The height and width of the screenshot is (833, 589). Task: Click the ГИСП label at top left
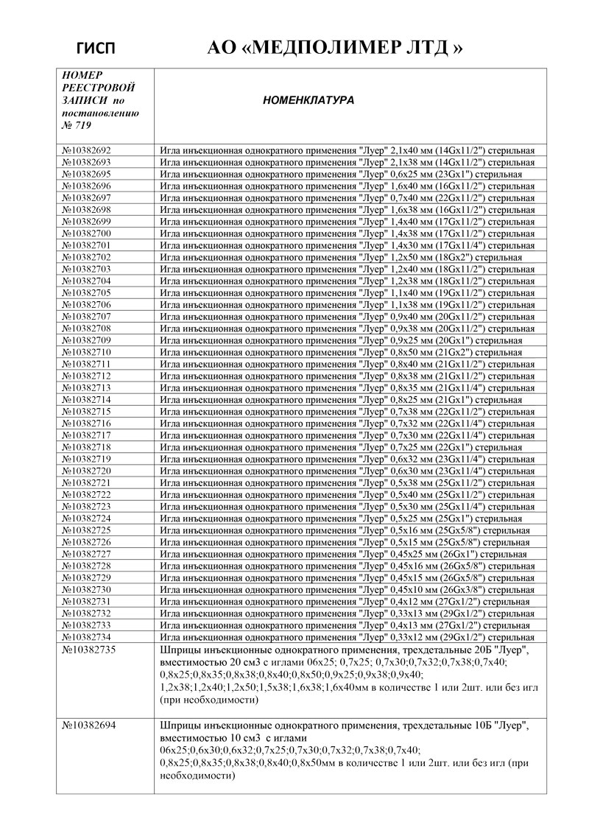click(x=96, y=49)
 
